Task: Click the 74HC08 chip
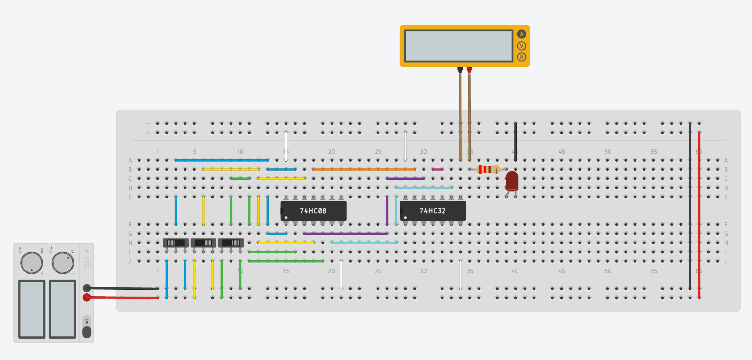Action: pos(313,211)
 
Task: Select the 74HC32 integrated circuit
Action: pos(433,211)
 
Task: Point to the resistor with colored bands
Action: pos(488,169)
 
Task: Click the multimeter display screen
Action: pos(458,46)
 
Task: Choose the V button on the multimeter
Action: pos(521,46)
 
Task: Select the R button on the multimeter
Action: pos(521,57)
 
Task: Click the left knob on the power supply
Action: pos(32,263)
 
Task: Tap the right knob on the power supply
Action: pos(63,263)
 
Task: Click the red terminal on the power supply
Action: pos(87,298)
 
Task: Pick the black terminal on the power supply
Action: pos(87,288)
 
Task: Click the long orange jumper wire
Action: pos(364,169)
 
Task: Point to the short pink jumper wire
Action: pos(437,169)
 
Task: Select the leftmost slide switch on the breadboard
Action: pos(176,243)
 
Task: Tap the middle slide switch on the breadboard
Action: pos(203,243)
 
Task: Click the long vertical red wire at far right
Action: pos(699,214)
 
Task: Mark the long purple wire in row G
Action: pos(345,234)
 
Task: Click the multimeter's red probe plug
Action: pos(469,70)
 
